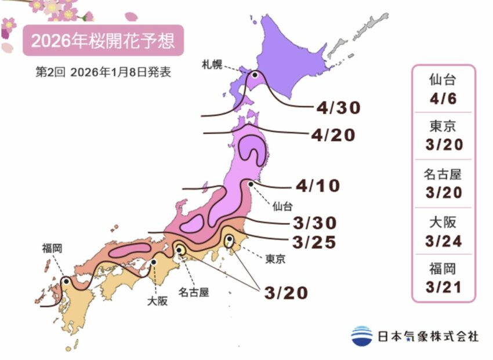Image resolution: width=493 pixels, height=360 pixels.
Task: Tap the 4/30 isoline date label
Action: click(x=339, y=107)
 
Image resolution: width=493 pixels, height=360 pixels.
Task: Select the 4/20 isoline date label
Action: click(x=332, y=135)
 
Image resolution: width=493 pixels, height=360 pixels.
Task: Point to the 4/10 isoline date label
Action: click(x=317, y=186)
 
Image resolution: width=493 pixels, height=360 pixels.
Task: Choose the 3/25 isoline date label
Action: click(x=315, y=242)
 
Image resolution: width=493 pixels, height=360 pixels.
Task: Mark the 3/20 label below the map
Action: click(x=285, y=293)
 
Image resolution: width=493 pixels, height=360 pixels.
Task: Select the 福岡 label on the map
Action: click(x=52, y=248)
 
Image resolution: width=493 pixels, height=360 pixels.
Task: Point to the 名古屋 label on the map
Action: click(x=194, y=292)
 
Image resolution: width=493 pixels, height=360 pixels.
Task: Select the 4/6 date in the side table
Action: click(x=444, y=98)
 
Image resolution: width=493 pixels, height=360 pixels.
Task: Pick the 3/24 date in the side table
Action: click(x=443, y=242)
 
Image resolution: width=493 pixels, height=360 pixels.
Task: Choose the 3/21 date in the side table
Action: click(x=443, y=287)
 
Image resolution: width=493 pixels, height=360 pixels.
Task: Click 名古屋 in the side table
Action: click(x=444, y=173)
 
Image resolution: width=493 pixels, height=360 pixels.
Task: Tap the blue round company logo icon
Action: click(x=362, y=336)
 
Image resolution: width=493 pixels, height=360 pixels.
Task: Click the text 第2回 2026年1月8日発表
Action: click(x=103, y=73)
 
